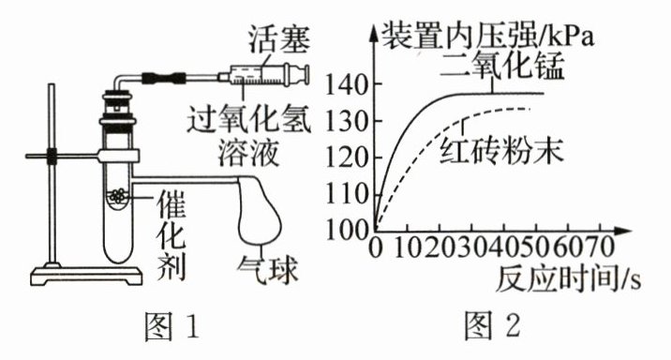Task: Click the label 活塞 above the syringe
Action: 280,40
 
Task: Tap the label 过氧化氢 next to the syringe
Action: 248,118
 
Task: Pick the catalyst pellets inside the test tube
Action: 118,196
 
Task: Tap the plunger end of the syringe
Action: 305,74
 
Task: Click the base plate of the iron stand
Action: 86,277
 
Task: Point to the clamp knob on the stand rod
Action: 52,157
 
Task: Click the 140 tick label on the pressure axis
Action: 347,84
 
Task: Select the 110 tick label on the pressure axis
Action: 347,194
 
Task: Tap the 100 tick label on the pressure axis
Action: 347,231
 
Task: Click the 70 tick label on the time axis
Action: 599,247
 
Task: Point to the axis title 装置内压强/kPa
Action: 488,35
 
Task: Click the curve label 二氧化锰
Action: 503,66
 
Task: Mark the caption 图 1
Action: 172,325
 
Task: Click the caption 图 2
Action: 492,325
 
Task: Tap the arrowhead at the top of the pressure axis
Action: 375,31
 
